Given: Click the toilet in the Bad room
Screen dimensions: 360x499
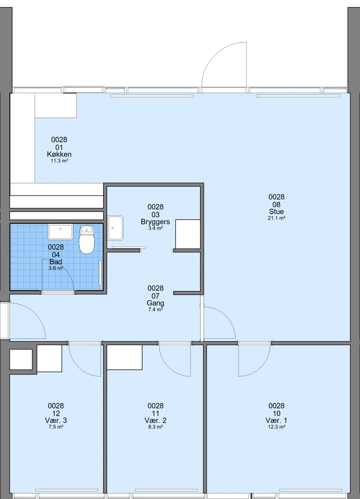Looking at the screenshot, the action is pos(86,239).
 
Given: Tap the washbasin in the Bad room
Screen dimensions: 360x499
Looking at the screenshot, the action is pos(60,232).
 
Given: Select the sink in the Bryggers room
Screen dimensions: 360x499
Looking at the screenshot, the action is pos(115,228).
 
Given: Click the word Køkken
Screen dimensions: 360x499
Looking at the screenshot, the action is pos(59,154).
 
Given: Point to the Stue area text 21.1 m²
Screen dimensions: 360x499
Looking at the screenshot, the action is pos(276,218).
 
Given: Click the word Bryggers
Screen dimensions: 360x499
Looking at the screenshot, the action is pos(155,222).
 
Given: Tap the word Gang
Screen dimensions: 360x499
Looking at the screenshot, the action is pos(155,303).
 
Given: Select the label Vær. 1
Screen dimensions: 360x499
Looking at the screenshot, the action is pos(276,420).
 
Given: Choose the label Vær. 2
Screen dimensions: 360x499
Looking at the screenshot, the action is pos(155,420).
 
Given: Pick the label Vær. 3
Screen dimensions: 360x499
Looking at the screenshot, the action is pos(56,420).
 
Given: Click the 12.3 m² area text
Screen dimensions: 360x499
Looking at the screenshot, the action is pos(276,427).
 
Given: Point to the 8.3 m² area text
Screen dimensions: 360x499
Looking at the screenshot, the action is pos(155,427).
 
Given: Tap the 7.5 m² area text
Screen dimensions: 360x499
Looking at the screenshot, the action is pos(56,427).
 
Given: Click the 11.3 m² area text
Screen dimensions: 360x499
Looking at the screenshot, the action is pos(59,161).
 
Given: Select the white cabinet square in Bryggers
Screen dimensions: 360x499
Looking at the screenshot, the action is pos(188,234).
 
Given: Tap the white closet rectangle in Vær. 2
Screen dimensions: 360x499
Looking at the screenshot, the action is pos(125,357).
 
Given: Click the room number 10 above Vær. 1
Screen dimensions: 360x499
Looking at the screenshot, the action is pos(276,414).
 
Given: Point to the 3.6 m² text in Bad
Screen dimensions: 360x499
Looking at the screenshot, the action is pos(56,268).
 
